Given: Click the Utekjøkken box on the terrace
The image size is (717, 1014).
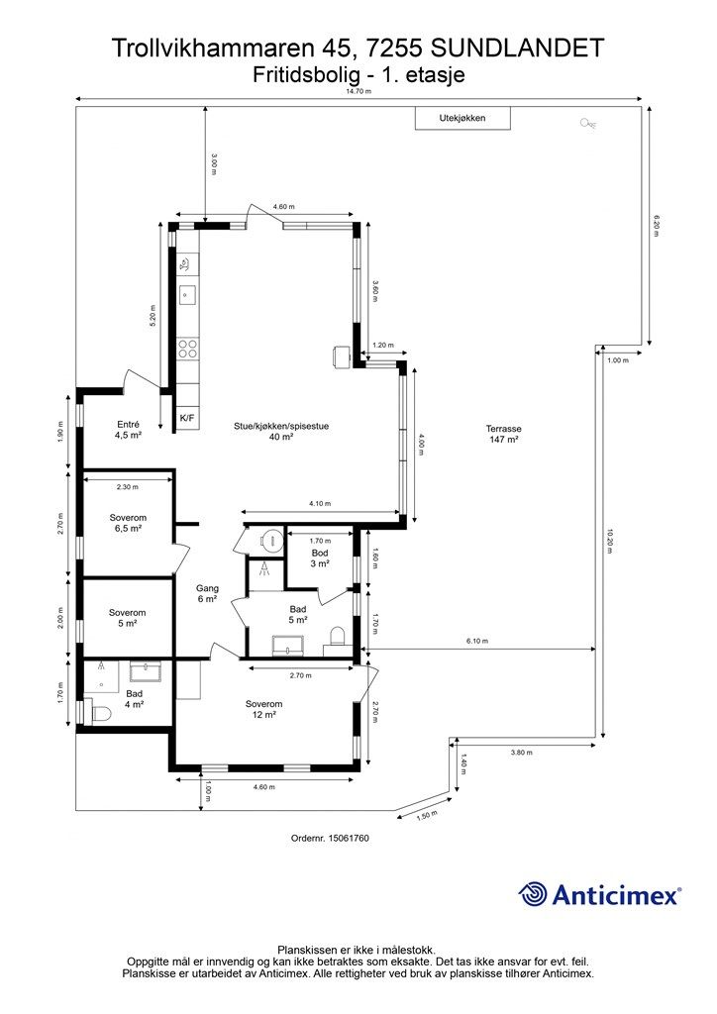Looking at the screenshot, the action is click(462, 119).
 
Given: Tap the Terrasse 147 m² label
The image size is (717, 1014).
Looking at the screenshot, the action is click(504, 434).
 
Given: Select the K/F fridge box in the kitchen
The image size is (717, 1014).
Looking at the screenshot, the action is click(187, 419).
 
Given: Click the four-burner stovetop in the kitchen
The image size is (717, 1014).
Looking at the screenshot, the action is click(187, 350).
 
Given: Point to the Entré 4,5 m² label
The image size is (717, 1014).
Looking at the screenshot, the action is click(128, 430).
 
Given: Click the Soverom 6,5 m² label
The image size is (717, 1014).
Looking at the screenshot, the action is click(128, 523).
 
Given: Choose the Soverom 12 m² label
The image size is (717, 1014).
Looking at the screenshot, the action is click(263, 709).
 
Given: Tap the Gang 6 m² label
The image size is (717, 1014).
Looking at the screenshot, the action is click(208, 594).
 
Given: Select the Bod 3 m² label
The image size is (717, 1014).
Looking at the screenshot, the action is click(320, 558).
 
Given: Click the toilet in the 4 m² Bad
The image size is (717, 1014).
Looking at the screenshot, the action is click(100, 714).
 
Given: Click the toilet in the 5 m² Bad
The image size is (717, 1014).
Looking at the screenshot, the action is click(337, 636).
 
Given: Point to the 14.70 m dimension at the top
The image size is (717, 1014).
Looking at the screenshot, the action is click(358, 91).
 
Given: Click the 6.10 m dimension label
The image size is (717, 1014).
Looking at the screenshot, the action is click(477, 641).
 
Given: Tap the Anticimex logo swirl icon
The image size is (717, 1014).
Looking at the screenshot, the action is click(533, 894).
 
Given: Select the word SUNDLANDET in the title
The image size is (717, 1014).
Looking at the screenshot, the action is click(517, 50).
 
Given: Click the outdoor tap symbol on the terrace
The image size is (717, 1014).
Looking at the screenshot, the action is click(588, 124).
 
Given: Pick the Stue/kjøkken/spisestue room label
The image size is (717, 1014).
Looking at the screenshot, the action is click(281, 432).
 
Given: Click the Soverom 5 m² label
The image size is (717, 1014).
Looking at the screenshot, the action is click(128, 618).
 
